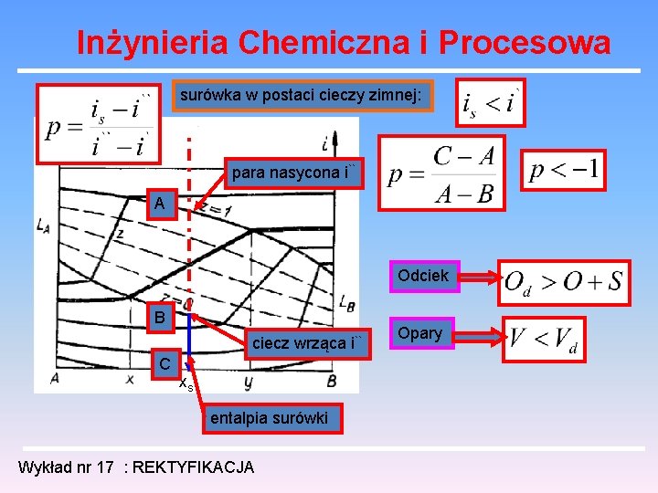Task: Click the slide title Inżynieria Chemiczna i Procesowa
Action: [343, 42]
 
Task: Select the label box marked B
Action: [160, 319]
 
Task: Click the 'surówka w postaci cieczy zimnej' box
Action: [302, 94]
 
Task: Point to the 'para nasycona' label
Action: [296, 172]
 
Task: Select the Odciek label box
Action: [422, 275]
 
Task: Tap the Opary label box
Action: [420, 333]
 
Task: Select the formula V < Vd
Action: [544, 339]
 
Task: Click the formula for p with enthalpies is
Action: [101, 126]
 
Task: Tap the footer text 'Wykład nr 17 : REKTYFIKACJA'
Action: [136, 467]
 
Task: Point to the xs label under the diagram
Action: [186, 384]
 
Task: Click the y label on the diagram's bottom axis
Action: [248, 379]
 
